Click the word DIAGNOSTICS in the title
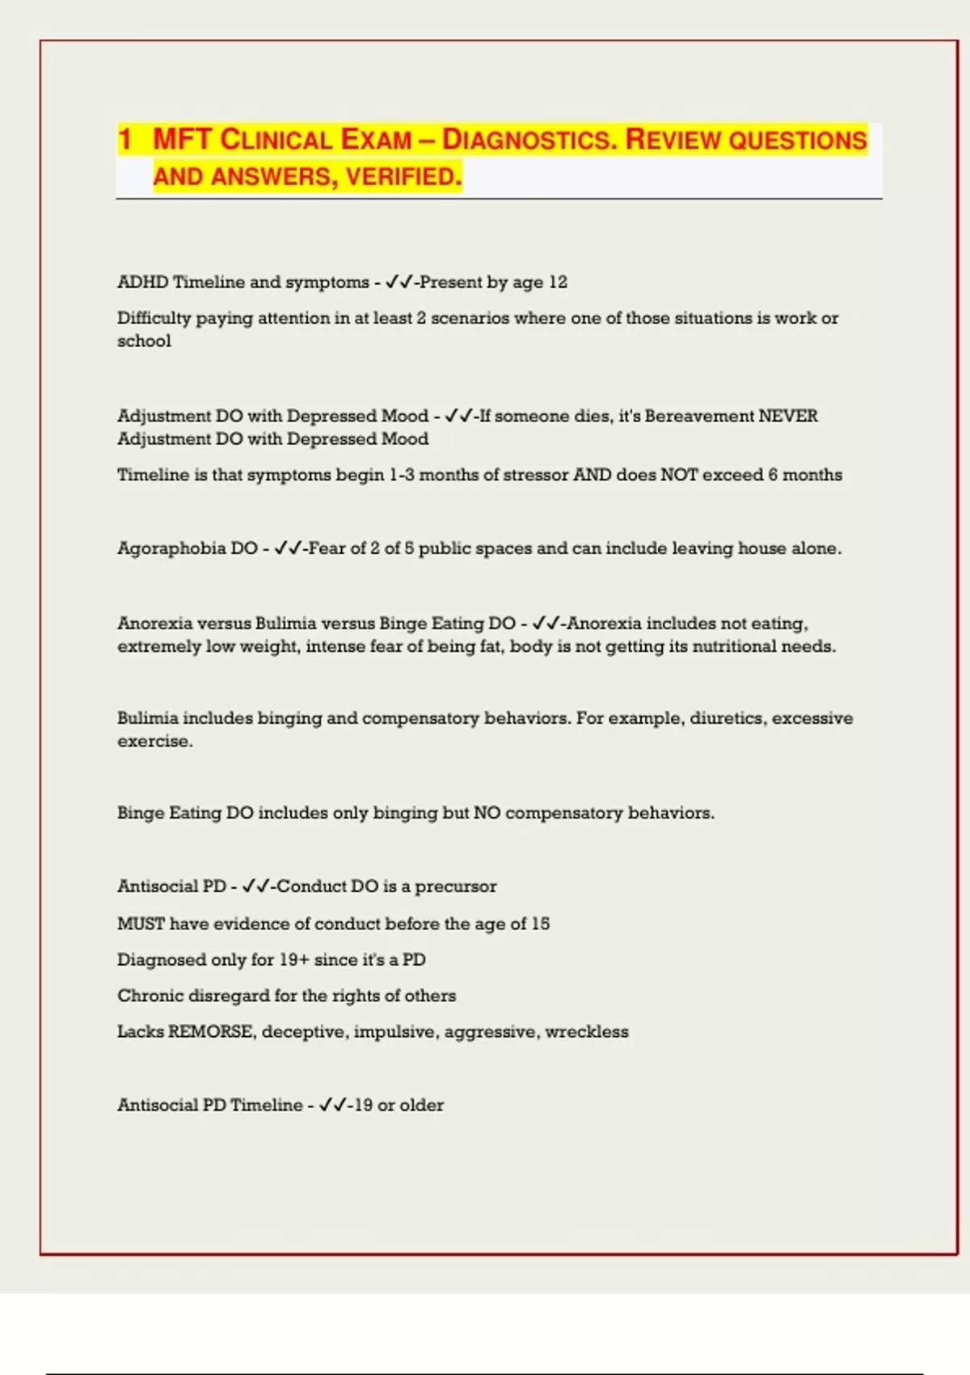click(529, 140)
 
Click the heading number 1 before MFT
click(125, 139)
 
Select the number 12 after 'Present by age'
click(558, 282)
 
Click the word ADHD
click(142, 282)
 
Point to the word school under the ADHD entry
click(144, 341)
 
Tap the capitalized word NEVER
click(788, 416)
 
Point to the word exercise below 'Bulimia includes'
click(154, 742)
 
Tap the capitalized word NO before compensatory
click(487, 813)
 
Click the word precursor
click(456, 886)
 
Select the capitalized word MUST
click(141, 924)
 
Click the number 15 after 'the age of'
click(540, 924)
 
